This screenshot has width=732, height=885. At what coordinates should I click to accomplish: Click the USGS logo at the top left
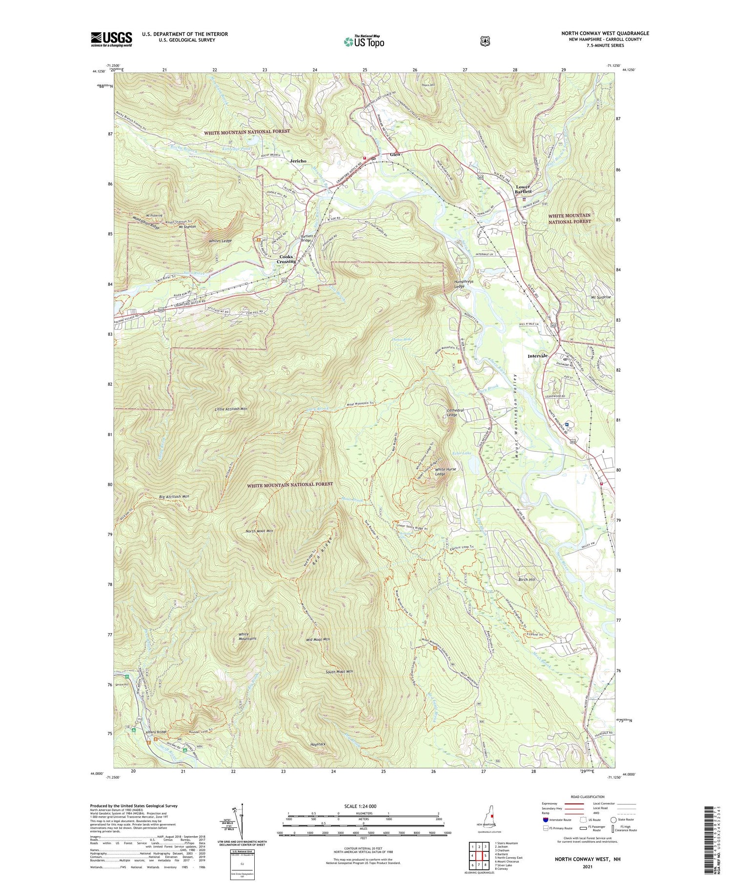tap(111, 39)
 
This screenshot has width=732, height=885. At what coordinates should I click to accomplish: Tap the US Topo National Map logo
tap(364, 42)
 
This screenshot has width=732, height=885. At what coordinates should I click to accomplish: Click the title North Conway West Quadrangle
tap(605, 33)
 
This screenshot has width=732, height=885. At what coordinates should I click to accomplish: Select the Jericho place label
tap(298, 161)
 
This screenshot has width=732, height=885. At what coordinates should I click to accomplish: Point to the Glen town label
tap(395, 154)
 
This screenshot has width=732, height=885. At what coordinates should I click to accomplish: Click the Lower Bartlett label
tap(523, 189)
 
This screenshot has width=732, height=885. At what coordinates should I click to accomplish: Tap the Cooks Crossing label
tap(286, 259)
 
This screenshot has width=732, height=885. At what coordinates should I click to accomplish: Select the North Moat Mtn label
tap(259, 531)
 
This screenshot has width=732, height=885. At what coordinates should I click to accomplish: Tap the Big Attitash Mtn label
tap(174, 496)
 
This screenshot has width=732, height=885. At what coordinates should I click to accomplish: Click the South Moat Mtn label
tap(339, 672)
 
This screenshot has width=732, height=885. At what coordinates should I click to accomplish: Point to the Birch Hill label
tap(527, 579)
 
